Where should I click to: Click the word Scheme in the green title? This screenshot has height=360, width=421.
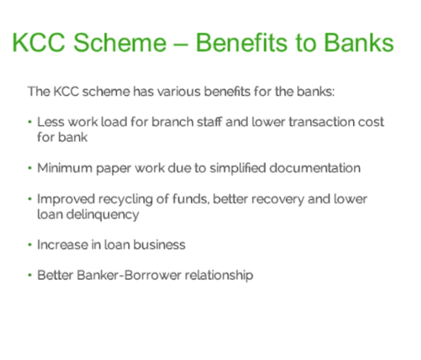pos(120,43)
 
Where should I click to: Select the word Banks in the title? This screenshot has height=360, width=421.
pos(359,43)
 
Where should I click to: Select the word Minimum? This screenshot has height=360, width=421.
pos(65,168)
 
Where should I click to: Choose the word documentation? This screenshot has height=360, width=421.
pos(315,168)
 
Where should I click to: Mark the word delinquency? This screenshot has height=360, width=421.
pos(103,215)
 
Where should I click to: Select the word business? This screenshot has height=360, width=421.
pos(159,245)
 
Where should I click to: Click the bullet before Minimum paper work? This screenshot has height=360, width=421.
pos(30,168)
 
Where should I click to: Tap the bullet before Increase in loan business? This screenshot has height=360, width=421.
pos(30,245)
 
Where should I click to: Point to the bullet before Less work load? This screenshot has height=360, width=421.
pos(30,122)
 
